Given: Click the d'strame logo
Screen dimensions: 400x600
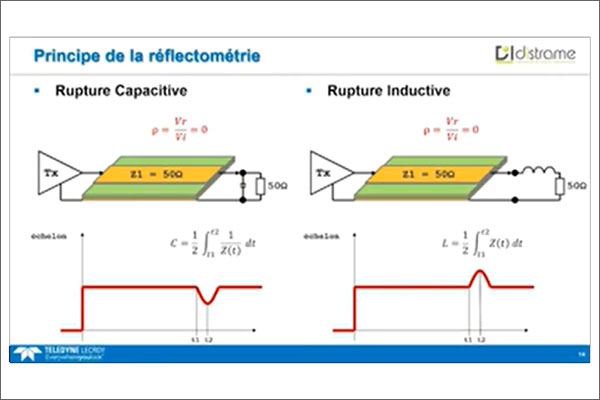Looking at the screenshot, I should click(535, 53).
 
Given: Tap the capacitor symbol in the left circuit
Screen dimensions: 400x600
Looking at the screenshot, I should click(245, 184).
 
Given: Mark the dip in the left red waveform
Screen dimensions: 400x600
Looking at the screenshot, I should click(207, 296).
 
